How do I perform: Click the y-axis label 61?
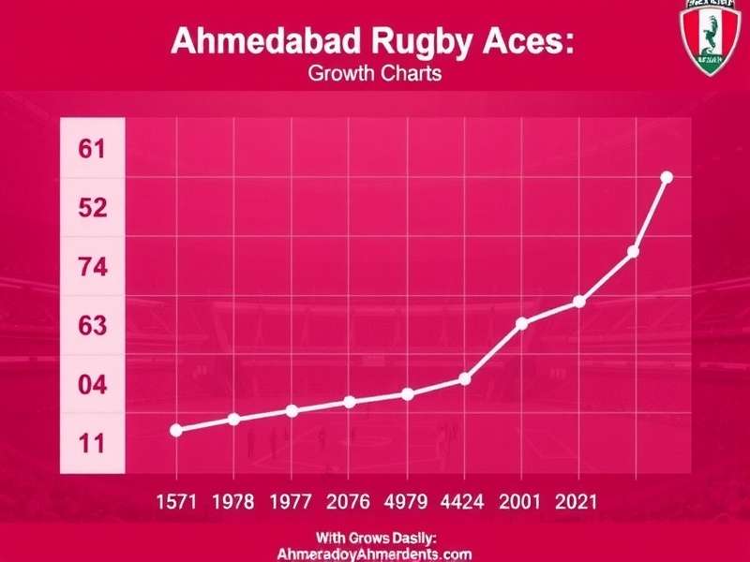[92, 149]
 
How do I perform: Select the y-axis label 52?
[92, 208]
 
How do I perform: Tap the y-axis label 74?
[92, 268]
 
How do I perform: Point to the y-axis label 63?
[92, 327]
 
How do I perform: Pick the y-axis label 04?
[92, 385]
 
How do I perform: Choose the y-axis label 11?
[92, 444]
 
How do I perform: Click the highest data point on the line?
[667, 177]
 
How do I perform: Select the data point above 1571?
[176, 430]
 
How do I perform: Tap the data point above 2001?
[522, 323]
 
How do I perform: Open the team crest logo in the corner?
[709, 37]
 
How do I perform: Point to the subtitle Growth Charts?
[374, 73]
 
